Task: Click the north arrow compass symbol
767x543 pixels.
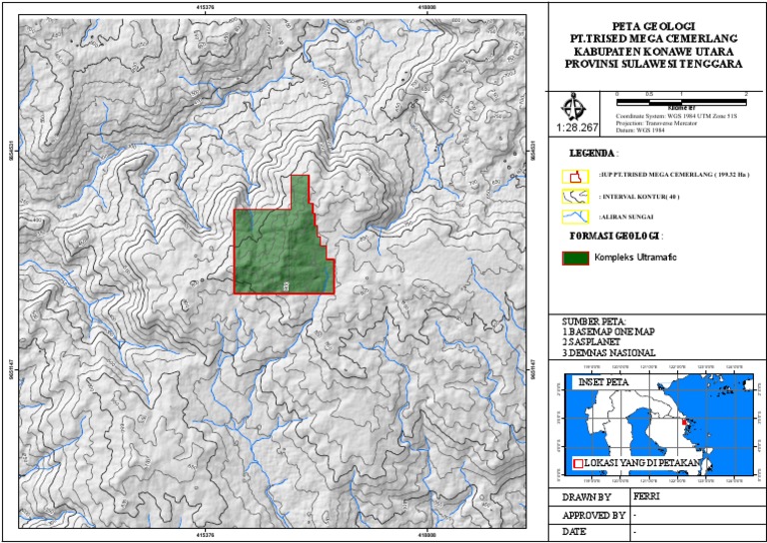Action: coord(575,106)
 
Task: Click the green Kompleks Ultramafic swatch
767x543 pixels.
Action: coord(574,259)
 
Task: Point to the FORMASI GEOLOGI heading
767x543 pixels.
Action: coord(614,237)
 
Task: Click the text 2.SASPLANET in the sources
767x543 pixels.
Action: coord(595,341)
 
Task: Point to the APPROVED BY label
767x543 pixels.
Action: coord(594,514)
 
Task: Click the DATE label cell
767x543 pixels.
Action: coord(574,532)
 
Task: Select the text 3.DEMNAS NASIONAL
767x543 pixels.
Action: coord(609,352)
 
